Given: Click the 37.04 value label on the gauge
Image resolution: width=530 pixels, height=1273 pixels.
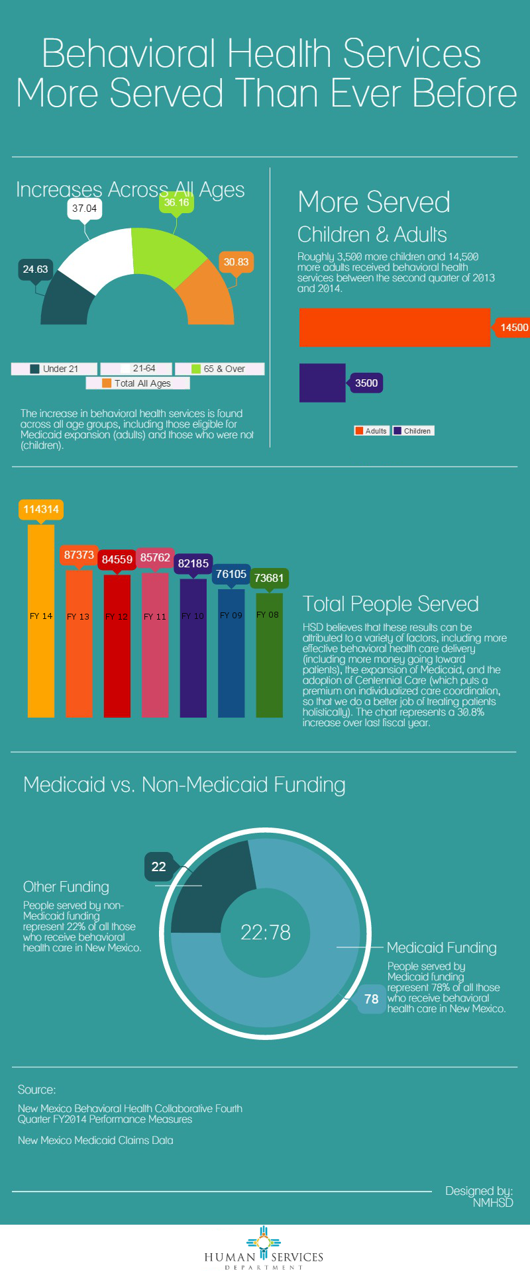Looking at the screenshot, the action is click(85, 209).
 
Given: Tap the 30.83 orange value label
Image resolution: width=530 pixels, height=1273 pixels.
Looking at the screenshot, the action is click(236, 262).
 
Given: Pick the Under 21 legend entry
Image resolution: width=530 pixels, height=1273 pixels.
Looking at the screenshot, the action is click(54, 369).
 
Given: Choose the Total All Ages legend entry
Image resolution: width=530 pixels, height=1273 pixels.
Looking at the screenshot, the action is click(137, 383).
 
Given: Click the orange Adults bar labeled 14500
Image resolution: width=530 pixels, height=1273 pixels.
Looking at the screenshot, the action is click(395, 327).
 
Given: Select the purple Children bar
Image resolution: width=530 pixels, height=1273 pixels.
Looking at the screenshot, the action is click(323, 383).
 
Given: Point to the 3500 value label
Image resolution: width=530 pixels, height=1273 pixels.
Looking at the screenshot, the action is click(366, 383).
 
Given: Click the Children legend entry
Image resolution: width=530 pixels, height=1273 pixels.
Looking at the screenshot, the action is click(413, 431).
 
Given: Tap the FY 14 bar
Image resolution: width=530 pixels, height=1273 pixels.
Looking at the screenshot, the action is click(41, 621).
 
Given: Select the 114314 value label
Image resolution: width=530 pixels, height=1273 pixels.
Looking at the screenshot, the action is click(41, 509).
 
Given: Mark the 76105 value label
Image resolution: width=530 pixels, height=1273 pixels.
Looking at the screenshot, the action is click(231, 574).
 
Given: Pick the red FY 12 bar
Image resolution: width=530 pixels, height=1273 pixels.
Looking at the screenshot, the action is click(117, 646).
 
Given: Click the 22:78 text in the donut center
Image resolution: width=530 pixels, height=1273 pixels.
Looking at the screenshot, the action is click(266, 932).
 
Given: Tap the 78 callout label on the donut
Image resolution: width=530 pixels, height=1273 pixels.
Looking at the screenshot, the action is click(372, 999).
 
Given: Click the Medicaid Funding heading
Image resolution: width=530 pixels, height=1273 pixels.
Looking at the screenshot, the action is click(442, 948).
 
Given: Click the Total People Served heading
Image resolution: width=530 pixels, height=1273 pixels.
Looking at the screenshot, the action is click(391, 604).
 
